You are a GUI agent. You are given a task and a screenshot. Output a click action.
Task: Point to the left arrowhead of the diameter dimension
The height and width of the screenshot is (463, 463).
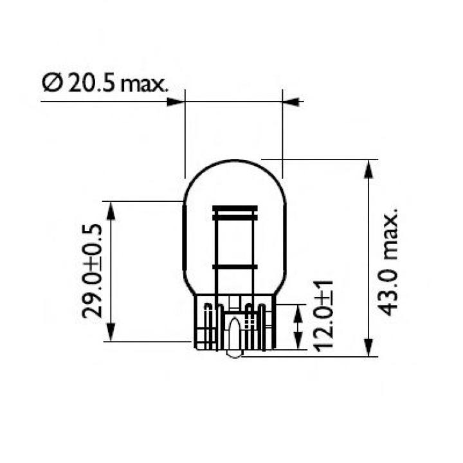(176, 101)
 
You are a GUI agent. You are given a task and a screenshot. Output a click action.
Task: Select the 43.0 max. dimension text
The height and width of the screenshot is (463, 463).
(388, 261)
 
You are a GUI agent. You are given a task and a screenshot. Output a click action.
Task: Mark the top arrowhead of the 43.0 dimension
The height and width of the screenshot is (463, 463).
(368, 168)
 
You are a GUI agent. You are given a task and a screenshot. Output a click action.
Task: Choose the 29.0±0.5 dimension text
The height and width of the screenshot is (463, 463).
(94, 270)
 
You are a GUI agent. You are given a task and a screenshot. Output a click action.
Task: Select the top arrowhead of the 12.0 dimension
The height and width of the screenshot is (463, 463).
(297, 313)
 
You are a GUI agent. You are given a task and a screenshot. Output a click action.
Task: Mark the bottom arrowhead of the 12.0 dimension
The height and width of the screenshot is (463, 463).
(297, 341)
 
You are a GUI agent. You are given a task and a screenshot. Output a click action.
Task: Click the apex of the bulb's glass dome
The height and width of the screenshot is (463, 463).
(234, 160)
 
